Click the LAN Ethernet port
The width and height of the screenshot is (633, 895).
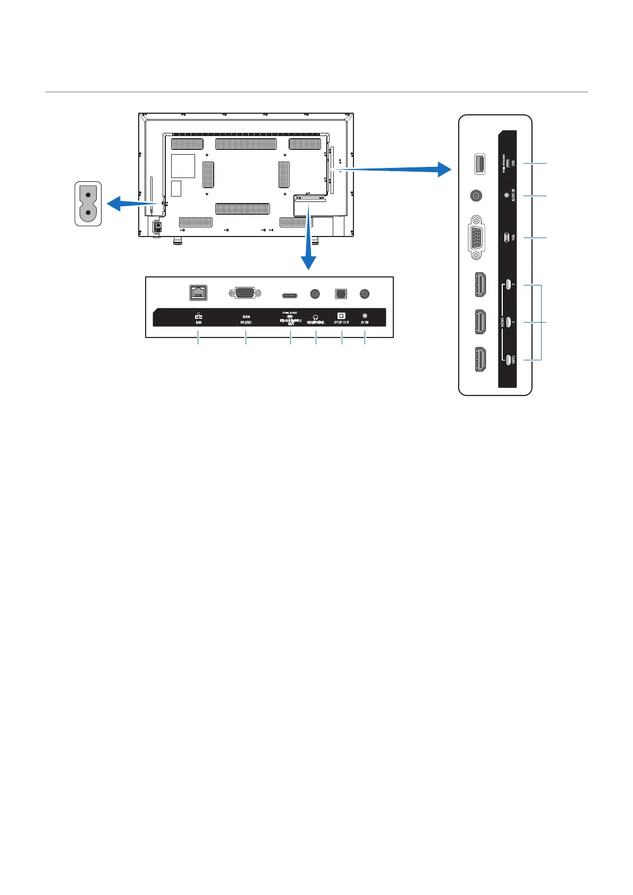pyautogui.click(x=198, y=293)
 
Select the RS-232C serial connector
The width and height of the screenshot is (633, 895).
pyautogui.click(x=244, y=293)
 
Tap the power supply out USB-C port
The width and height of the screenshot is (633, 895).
pyautogui.click(x=290, y=293)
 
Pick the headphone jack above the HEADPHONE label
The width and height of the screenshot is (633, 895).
pyautogui.click(x=316, y=293)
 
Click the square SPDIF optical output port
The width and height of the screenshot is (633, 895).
pyautogui.click(x=340, y=293)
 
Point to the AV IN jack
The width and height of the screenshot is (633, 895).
pyautogui.click(x=365, y=293)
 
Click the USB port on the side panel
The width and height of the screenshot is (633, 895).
pyautogui.click(x=478, y=164)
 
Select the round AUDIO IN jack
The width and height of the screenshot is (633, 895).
pyautogui.click(x=477, y=196)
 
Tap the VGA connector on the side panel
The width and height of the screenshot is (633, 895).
pyautogui.click(x=476, y=238)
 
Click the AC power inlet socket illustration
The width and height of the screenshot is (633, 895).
pyautogui.click(x=88, y=203)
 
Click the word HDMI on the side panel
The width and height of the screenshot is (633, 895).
pyautogui.click(x=501, y=322)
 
